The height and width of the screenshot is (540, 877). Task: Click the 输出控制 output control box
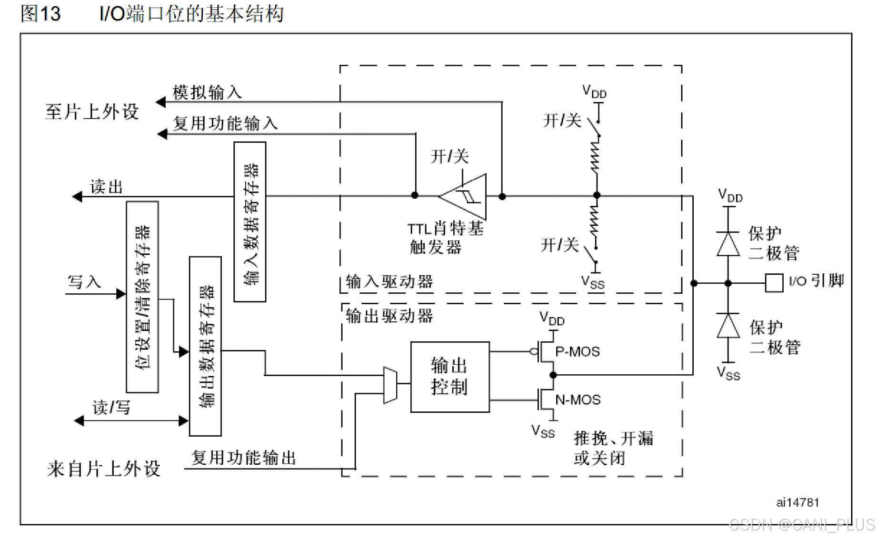pyautogui.click(x=449, y=377)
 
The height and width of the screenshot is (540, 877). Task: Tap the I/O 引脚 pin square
pyautogui.click(x=774, y=283)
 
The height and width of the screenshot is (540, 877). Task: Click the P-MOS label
pyautogui.click(x=577, y=352)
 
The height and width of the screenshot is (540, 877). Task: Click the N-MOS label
pyautogui.click(x=578, y=400)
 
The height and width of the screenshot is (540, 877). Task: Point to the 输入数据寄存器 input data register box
pyautogui.click(x=249, y=222)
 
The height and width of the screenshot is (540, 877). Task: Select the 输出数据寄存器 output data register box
pyautogui.click(x=205, y=346)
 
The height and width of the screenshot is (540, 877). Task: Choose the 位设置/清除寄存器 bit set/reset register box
pyautogui.click(x=142, y=297)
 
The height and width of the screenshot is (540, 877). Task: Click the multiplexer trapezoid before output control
pyautogui.click(x=390, y=385)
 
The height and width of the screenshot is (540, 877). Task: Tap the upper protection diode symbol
pyautogui.click(x=728, y=244)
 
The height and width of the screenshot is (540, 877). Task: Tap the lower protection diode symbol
pyautogui.click(x=728, y=326)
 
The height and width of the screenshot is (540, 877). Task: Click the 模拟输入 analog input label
pyautogui.click(x=207, y=92)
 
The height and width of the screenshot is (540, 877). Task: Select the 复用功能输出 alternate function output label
pyautogui.click(x=244, y=458)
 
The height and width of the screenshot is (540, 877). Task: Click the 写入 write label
pyautogui.click(x=84, y=282)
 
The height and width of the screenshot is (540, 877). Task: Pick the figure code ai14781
pyautogui.click(x=797, y=502)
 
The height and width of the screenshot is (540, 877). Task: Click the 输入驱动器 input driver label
pyautogui.click(x=389, y=282)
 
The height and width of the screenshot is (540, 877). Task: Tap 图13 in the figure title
pyautogui.click(x=40, y=14)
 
